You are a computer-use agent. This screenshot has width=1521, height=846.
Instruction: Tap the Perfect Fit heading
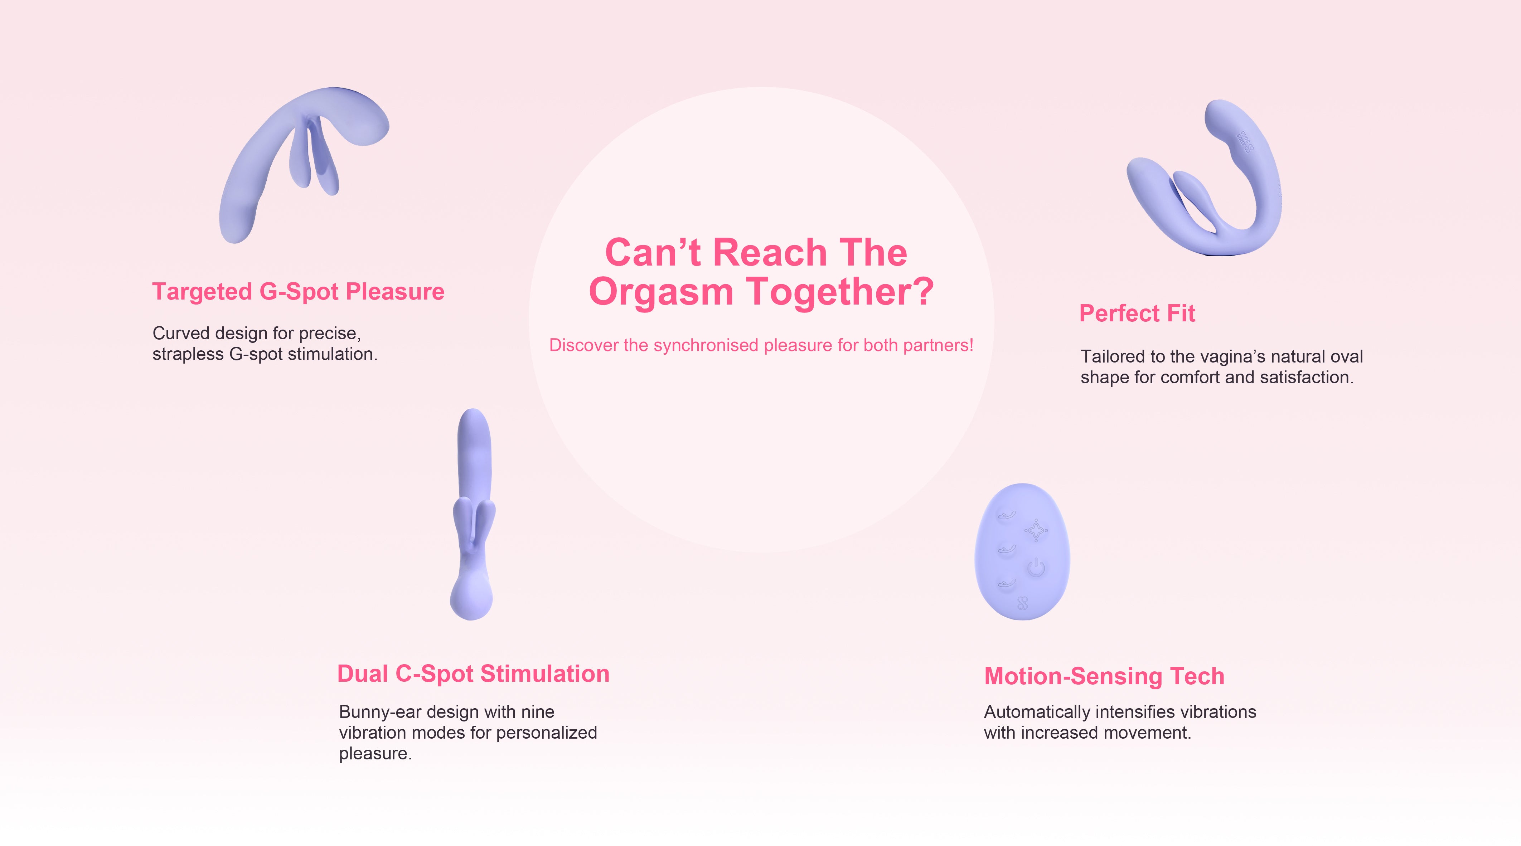point(1137,313)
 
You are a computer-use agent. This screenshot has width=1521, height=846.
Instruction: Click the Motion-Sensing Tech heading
point(1104,677)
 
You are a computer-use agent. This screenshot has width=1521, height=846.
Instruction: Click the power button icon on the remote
point(1036,568)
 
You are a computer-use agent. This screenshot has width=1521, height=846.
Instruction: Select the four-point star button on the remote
point(1036,530)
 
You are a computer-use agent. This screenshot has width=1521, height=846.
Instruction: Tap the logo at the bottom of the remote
point(1023,603)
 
